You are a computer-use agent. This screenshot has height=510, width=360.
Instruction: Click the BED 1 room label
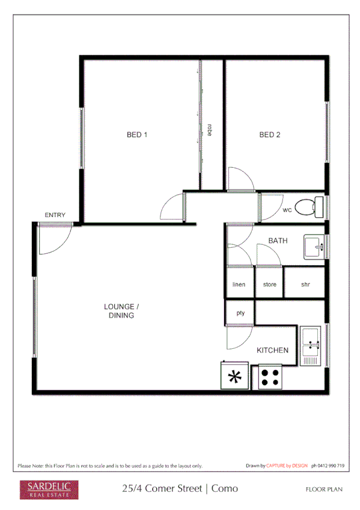[137, 135]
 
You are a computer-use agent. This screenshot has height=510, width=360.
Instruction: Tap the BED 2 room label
[270, 135]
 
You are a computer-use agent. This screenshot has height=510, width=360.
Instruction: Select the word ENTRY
[55, 215]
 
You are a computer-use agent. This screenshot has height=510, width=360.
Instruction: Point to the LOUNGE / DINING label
[121, 311]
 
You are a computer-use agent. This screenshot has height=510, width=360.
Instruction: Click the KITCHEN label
[272, 350]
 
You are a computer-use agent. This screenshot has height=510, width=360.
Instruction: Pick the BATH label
[278, 241]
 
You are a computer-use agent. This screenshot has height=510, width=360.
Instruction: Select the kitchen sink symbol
[311, 346]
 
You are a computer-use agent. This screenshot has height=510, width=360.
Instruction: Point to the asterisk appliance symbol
[234, 377]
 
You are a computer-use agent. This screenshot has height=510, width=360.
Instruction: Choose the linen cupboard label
[239, 284]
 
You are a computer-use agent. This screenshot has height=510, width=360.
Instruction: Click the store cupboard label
[269, 284]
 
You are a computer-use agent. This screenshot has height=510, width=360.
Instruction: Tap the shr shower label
[305, 284]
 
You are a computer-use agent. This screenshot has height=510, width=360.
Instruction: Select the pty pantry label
[240, 313]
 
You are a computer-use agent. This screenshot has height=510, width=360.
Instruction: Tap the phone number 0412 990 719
[328, 465]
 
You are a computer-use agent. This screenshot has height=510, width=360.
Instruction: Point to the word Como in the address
[225, 488]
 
